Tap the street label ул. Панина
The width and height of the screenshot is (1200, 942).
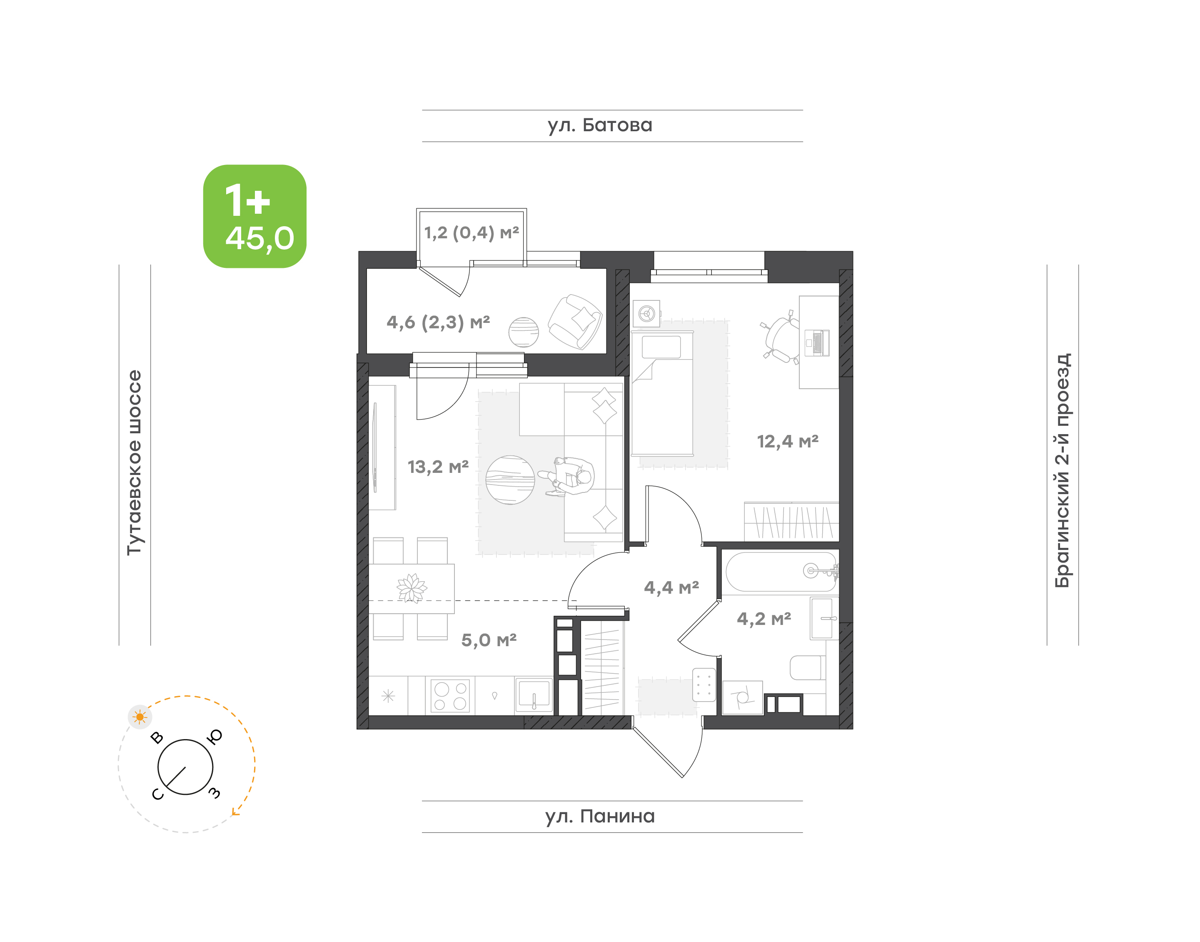click(x=600, y=816)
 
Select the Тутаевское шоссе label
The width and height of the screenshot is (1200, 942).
click(x=134, y=462)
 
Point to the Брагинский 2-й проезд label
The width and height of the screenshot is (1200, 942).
click(x=1062, y=470)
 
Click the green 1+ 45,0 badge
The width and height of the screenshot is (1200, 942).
click(x=255, y=216)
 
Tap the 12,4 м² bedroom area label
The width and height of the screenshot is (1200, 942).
click(x=788, y=441)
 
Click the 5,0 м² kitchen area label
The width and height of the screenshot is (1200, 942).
click(x=489, y=640)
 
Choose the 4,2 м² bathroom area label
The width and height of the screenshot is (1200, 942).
click(x=764, y=619)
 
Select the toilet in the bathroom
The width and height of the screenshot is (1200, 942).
click(x=808, y=668)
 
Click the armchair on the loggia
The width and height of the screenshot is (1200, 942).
click(x=575, y=322)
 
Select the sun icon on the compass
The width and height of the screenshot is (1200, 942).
click(x=140, y=717)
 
